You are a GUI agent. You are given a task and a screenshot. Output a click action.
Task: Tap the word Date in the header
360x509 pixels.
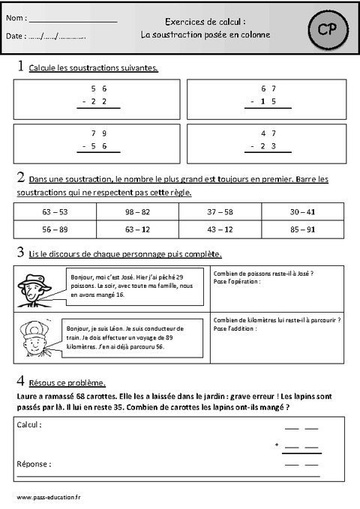pyautogui.click(x=14, y=36)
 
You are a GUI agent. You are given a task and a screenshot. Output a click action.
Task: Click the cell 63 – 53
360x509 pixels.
pyautogui.click(x=55, y=212)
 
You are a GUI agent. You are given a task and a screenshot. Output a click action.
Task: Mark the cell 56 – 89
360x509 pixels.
pyautogui.click(x=55, y=229)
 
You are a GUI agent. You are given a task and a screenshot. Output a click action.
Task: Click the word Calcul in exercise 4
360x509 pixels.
pyautogui.click(x=30, y=424)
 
